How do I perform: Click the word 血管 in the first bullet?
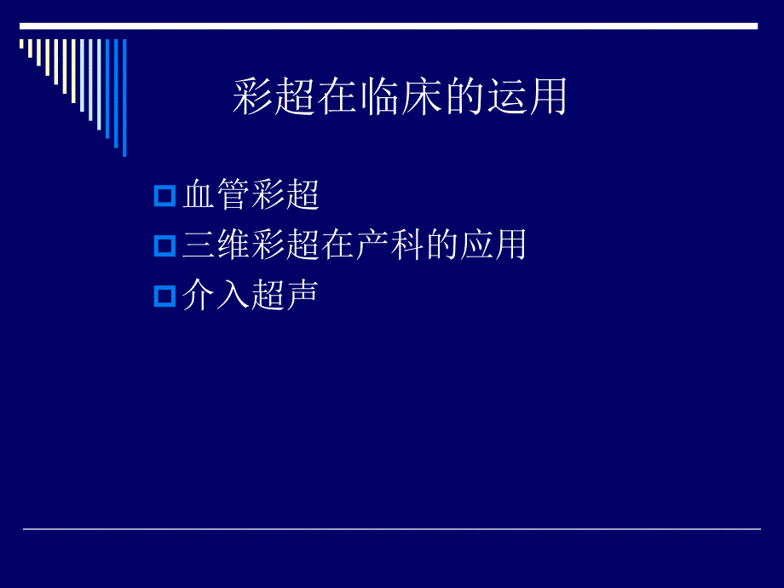pos(216,197)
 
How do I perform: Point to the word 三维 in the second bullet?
pos(216,246)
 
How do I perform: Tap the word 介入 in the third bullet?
pos(216,296)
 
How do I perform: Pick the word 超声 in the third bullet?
pos(285,296)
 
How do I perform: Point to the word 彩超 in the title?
pos(274,97)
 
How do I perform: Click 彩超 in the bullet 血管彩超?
pos(285,197)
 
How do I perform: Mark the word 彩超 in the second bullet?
pos(285,246)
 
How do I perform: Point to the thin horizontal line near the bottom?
pos(391,529)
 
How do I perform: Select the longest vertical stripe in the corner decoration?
pos(124,97)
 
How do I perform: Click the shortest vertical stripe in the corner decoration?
pos(22,43)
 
